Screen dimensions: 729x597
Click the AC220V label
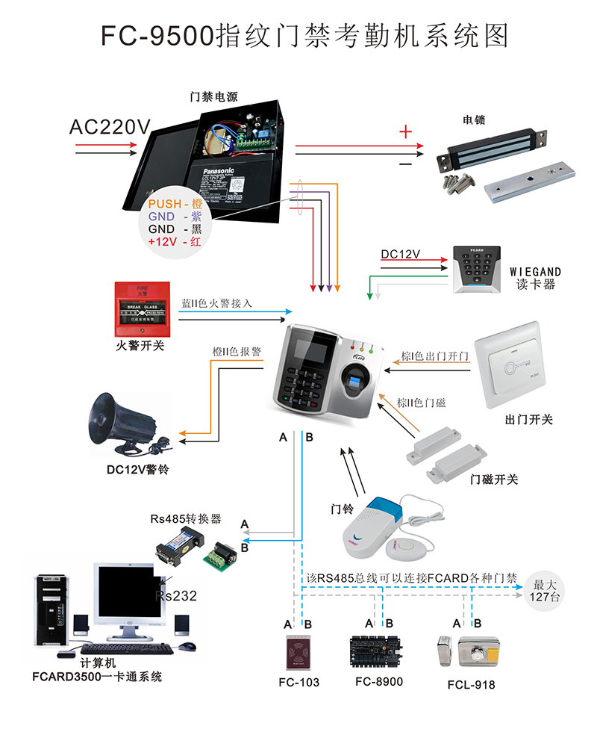[109, 127]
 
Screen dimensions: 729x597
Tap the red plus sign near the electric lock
[405, 133]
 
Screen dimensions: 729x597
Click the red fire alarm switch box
[139, 309]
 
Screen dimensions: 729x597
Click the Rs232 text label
[176, 595]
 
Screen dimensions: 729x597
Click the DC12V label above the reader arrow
[400, 255]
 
